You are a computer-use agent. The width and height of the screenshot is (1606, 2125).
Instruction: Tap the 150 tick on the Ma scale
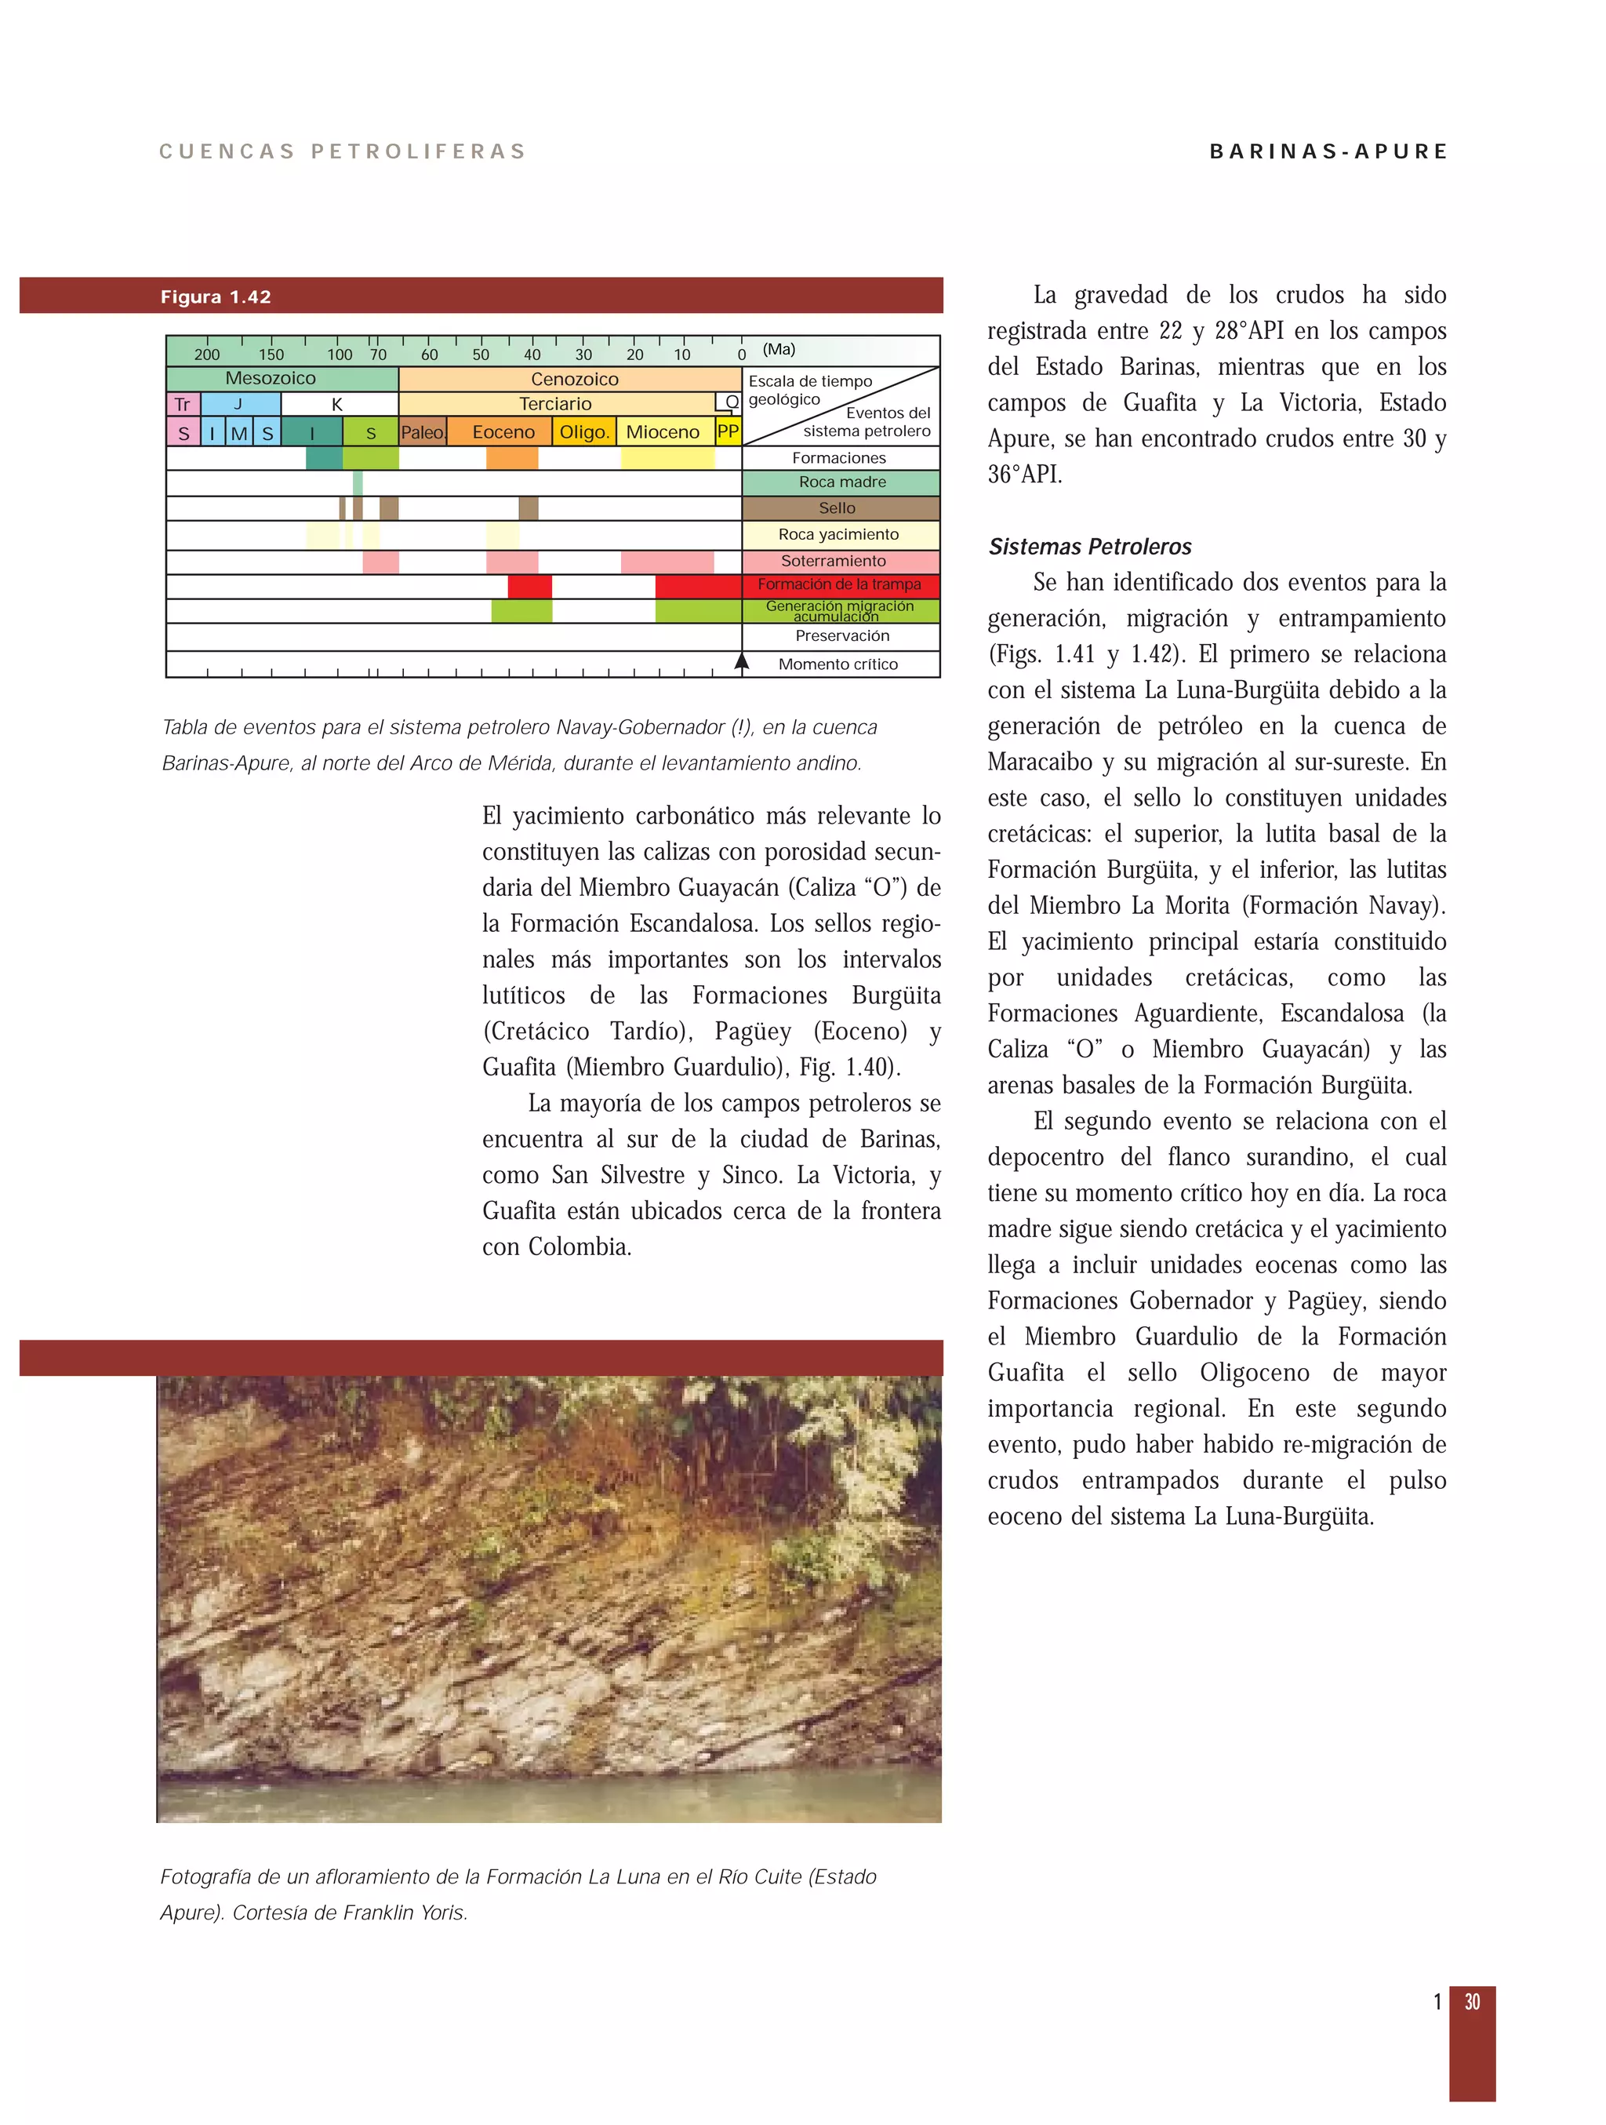tap(271, 355)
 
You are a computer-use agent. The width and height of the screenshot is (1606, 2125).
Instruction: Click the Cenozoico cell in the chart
tap(574, 380)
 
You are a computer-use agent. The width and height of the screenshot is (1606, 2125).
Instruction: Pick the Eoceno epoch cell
tap(503, 432)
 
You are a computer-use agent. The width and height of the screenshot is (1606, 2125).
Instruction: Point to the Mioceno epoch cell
tap(663, 432)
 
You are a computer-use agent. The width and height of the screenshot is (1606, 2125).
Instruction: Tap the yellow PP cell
tap(728, 432)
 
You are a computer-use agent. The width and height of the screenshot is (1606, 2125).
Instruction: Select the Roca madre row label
tap(841, 482)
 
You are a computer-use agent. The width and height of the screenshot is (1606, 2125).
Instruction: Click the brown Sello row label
tap(837, 508)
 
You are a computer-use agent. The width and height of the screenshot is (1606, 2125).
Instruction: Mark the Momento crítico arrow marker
tap(742, 661)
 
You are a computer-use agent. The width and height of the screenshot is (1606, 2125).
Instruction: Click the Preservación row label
tap(841, 636)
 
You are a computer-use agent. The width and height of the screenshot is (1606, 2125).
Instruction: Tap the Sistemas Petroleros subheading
tap(1089, 547)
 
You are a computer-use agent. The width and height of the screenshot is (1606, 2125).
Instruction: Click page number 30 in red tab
tap(1472, 2003)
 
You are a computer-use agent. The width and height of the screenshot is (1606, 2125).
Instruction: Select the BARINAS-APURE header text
tap(1328, 152)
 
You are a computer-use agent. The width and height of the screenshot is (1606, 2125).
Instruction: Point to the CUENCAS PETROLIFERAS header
tap(343, 152)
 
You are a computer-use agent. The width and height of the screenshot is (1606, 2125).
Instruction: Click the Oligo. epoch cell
tap(584, 432)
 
